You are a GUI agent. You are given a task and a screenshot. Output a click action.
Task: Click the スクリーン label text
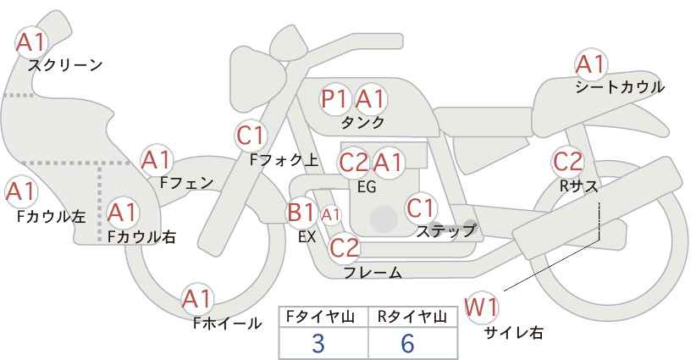[x=65, y=64]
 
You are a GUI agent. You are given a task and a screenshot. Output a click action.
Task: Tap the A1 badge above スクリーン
[x=33, y=41]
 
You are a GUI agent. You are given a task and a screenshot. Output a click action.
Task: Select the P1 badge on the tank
[x=335, y=99]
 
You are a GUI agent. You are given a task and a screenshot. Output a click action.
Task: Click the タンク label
[x=362, y=123]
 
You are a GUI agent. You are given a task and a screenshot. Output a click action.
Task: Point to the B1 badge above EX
[x=302, y=212]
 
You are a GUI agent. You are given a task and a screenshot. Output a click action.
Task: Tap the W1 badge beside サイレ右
[x=482, y=306]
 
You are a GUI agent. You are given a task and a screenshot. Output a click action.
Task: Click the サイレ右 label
[x=513, y=333]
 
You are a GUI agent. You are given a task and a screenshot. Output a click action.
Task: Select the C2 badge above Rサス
[x=567, y=160]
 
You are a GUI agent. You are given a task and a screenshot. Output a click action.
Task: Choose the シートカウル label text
[x=620, y=86]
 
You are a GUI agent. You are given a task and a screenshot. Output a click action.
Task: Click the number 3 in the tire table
[x=318, y=343]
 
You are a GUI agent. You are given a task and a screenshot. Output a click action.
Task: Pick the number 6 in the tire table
[x=407, y=343]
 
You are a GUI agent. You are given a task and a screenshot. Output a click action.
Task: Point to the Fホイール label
[x=227, y=324]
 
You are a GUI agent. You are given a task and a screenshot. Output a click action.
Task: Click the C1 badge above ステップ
[x=421, y=207]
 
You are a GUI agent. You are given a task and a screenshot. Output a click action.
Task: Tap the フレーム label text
[x=373, y=272]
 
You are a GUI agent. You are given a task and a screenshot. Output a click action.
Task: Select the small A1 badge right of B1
[x=330, y=215]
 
